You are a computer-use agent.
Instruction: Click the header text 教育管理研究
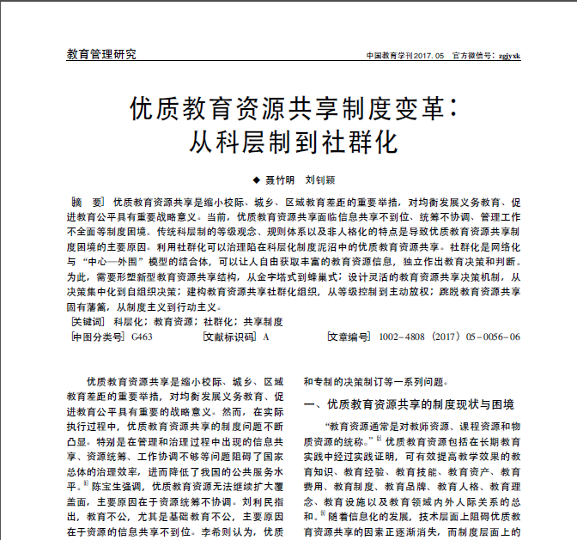[100, 55]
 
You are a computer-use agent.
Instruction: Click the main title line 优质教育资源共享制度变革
[288, 109]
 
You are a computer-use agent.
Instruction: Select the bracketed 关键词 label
[88, 321]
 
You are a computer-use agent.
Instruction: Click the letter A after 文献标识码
[266, 337]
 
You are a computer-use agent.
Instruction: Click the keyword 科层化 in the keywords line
[129, 321]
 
